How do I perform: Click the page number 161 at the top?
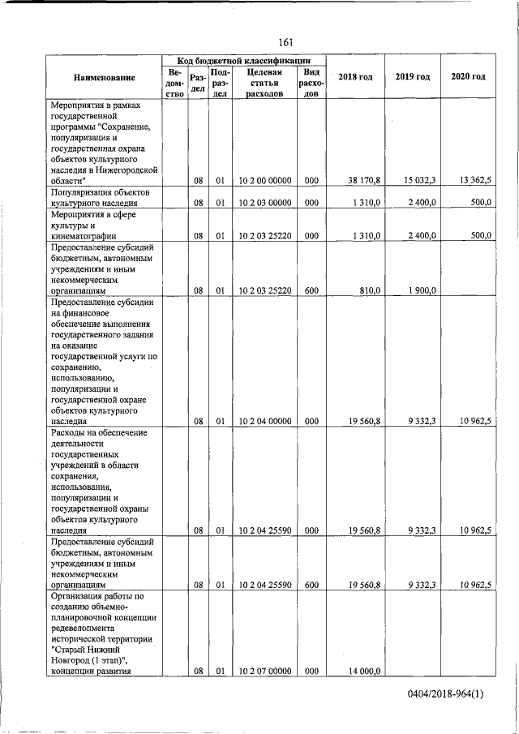point(285,42)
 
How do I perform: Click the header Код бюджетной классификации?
point(243,62)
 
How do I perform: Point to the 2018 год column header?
point(355,77)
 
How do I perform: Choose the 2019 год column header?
point(412,77)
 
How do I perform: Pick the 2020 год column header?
point(468,77)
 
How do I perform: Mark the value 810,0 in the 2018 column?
point(368,290)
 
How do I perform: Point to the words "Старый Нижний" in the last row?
point(85,650)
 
